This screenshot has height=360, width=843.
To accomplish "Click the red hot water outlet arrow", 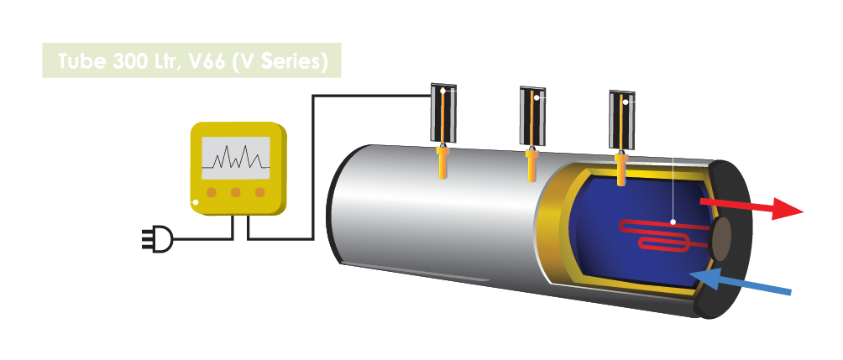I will (751, 208).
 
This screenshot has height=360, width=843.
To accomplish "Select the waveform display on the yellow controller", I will (239, 156).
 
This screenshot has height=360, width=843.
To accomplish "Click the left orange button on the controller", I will (212, 192).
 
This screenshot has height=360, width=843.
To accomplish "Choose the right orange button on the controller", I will (260, 192).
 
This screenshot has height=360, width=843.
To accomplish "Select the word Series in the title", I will (291, 62).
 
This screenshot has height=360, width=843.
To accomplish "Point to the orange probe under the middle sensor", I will (531, 165).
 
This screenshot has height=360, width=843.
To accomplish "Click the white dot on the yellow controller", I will (196, 201).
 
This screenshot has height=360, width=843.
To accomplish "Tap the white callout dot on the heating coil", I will (674, 222).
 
